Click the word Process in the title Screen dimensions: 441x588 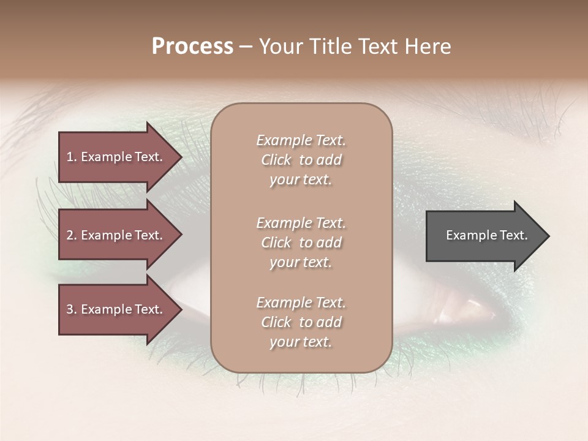[x=192, y=47]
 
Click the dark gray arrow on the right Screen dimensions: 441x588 [x=484, y=235]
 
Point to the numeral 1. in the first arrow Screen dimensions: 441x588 [x=71, y=157]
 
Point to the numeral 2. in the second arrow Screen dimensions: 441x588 [x=71, y=235]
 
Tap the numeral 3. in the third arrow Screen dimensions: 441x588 [x=71, y=309]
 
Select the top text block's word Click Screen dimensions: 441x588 [x=276, y=160]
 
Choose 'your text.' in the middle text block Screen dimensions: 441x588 [x=301, y=262]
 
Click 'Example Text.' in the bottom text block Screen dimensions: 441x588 [x=301, y=303]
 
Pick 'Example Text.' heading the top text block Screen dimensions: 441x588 [x=301, y=140]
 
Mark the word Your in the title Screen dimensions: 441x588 [x=281, y=47]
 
